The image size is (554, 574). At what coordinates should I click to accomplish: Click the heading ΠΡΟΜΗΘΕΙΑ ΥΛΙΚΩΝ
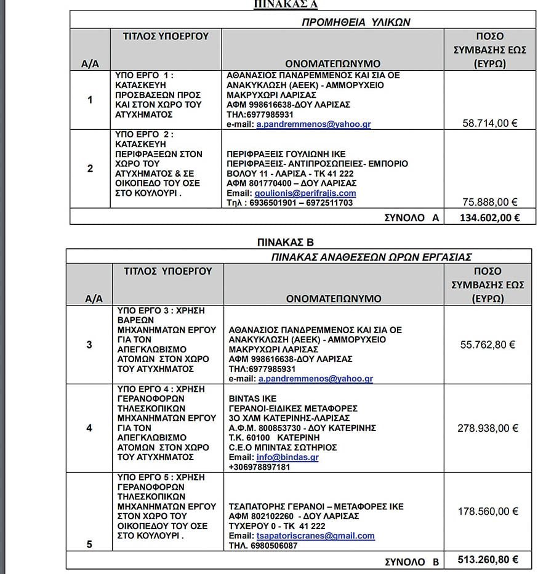point(355,22)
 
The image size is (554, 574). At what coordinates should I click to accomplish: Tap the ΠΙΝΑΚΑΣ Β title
point(286,242)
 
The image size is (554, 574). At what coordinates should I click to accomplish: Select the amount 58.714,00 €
point(489,123)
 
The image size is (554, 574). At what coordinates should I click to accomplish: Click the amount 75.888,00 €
point(489,202)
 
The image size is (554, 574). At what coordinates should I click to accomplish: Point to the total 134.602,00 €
point(489,217)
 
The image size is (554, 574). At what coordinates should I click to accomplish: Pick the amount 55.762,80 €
point(488,345)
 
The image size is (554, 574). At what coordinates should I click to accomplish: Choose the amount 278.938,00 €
point(488,428)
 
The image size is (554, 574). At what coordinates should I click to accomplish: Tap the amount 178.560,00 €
point(488,511)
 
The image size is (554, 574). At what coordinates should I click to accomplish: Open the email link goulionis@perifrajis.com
point(305,193)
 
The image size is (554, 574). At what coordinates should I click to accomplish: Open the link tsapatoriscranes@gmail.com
point(315,536)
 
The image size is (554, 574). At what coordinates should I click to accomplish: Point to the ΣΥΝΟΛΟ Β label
point(412,561)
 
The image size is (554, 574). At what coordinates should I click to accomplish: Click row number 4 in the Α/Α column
point(90,427)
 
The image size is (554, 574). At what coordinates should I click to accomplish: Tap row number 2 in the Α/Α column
point(90,168)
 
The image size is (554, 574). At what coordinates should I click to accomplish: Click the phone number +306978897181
point(259,467)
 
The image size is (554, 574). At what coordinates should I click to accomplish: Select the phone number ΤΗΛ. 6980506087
point(263,546)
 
